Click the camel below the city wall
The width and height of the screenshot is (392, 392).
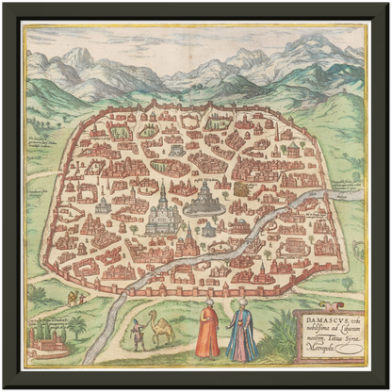(162, 328)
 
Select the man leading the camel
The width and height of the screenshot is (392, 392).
(139, 334)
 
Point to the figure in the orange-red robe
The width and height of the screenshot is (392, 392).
(208, 332)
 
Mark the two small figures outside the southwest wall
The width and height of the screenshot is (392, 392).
(76, 299)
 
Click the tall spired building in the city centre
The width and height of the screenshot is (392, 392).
(162, 212)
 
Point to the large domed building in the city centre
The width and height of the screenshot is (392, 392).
(204, 198)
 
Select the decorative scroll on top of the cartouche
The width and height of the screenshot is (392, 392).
(324, 310)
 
